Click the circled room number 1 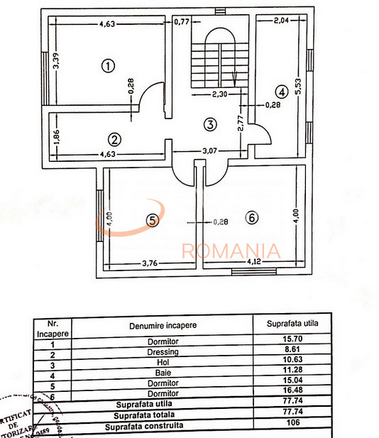tap(108, 67)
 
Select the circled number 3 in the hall tap(209, 125)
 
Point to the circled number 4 tap(282, 92)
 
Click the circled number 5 tap(151, 221)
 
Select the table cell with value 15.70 tap(292, 340)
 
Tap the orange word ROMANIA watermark tap(231, 251)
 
